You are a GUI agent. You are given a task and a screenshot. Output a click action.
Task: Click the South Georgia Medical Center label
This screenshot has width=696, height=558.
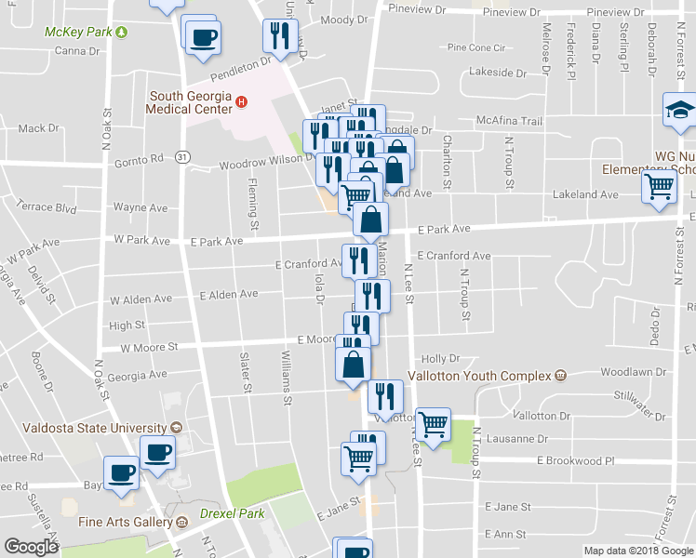[x=194, y=102]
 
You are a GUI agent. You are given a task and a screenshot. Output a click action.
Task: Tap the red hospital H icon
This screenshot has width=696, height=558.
[x=241, y=102]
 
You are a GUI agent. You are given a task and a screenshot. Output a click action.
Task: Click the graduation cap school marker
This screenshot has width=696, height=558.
[x=678, y=111]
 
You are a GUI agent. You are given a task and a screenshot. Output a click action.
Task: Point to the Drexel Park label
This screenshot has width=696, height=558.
[x=232, y=513]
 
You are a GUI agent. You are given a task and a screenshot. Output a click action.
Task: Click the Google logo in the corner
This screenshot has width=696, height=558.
[x=32, y=547]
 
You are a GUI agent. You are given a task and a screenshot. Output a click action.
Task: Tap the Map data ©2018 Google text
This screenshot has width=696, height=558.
[x=637, y=551]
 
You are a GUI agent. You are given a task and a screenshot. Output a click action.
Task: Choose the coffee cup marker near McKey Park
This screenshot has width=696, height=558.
[x=203, y=38]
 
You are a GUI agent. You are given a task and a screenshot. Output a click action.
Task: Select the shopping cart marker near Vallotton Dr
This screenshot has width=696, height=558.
[x=433, y=424]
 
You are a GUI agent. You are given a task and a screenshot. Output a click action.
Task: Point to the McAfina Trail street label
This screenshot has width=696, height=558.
[x=508, y=121]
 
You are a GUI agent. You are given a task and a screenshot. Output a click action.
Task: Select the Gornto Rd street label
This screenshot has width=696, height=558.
[x=139, y=159]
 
